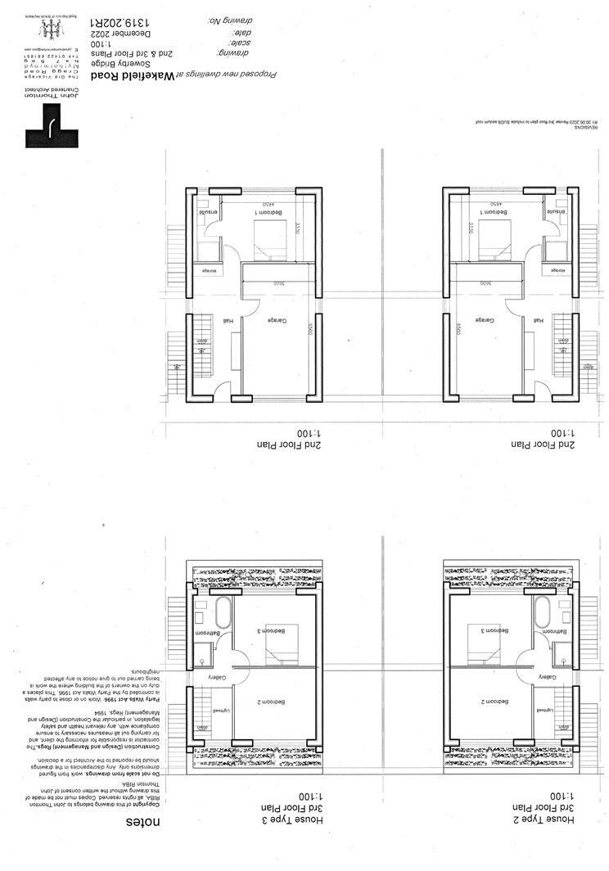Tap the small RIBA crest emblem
[50, 28]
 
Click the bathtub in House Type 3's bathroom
[222, 612]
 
